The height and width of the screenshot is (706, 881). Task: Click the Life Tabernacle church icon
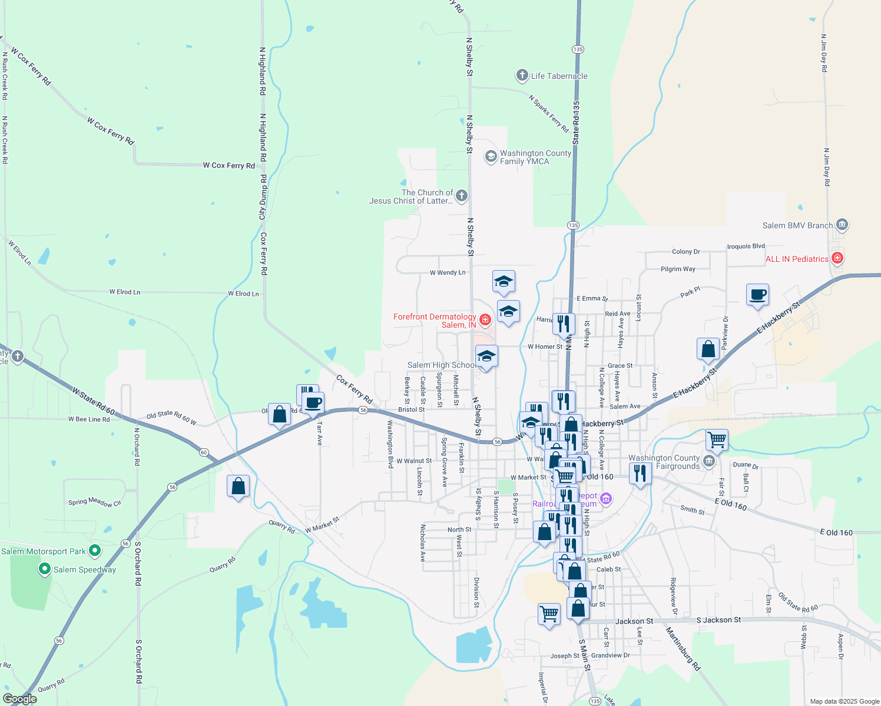click(522, 75)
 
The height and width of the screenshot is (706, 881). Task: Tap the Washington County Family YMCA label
click(535, 157)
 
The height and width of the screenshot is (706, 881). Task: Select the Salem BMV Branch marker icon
click(842, 225)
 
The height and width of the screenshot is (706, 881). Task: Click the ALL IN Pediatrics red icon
click(837, 258)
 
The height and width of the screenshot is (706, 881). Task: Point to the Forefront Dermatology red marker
click(485, 319)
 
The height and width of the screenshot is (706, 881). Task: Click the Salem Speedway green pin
click(44, 569)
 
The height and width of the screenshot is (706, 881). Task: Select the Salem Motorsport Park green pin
click(95, 551)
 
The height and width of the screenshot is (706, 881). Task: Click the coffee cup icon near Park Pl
click(757, 295)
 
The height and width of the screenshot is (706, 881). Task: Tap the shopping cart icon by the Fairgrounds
click(717, 439)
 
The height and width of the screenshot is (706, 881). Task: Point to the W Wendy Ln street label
click(448, 272)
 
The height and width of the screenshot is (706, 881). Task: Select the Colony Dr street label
click(686, 251)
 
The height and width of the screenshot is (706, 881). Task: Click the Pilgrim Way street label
click(678, 269)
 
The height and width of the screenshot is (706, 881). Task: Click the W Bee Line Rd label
click(89, 419)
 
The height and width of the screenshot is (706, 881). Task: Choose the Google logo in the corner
click(20, 699)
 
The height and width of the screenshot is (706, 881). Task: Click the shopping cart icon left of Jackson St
click(549, 614)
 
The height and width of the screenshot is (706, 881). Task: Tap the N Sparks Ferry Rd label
click(548, 114)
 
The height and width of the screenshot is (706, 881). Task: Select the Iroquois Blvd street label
click(746, 247)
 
